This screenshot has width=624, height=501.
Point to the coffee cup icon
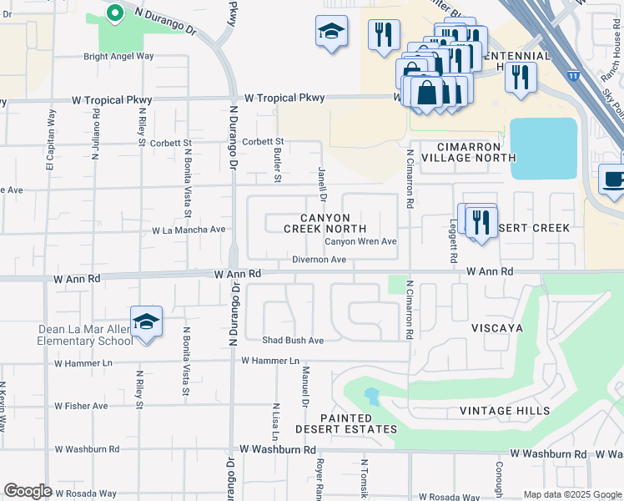click(614, 181)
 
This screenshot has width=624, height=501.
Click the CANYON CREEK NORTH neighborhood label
click(325, 223)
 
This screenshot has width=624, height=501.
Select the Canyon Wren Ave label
click(360, 242)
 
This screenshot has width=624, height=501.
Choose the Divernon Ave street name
click(319, 261)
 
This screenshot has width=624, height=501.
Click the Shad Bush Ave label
click(292, 341)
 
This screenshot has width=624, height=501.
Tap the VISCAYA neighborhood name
click(496, 328)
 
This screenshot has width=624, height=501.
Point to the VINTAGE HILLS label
click(505, 411)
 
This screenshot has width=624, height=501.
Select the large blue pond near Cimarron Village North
click(543, 148)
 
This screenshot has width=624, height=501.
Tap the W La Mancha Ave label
click(189, 230)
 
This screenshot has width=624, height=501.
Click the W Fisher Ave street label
click(81, 406)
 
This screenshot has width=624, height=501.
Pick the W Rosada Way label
click(85, 493)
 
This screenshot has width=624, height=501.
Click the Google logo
click(28, 491)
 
